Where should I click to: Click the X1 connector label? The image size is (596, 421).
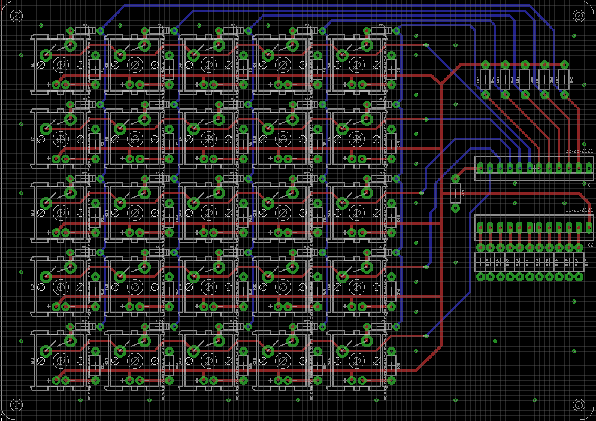tap(590, 185)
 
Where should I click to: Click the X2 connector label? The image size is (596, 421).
tap(590, 244)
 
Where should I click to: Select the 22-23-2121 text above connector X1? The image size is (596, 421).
tap(579, 151)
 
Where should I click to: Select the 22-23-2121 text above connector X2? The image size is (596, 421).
tap(579, 210)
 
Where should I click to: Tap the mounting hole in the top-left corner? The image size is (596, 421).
tap(16, 17)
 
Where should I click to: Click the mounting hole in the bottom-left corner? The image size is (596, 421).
tap(16, 405)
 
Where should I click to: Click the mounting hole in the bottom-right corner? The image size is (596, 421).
tap(579, 405)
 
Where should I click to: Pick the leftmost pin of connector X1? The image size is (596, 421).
tap(480, 167)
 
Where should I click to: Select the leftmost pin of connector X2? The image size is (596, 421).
tap(480, 226)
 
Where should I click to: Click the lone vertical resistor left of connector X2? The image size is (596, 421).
tap(455, 193)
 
